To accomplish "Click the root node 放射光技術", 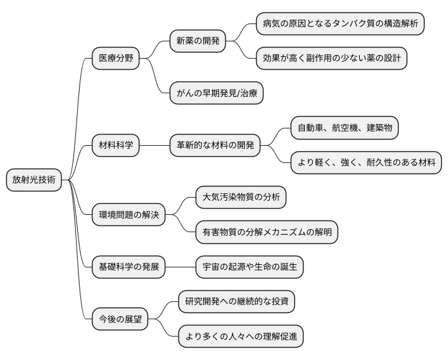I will (34, 180).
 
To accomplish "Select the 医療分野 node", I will (115, 59).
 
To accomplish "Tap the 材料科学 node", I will (115, 146).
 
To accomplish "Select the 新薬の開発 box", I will (197, 42).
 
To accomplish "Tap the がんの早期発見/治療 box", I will (217, 94).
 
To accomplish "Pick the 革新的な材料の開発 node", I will (215, 146).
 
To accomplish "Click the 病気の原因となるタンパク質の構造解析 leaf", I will (341, 25).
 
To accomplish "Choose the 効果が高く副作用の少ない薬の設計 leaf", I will (332, 59).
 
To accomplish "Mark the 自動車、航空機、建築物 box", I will (344, 128).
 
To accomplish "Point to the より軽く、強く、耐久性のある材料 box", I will (367, 163).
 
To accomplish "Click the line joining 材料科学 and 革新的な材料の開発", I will (155, 146).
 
